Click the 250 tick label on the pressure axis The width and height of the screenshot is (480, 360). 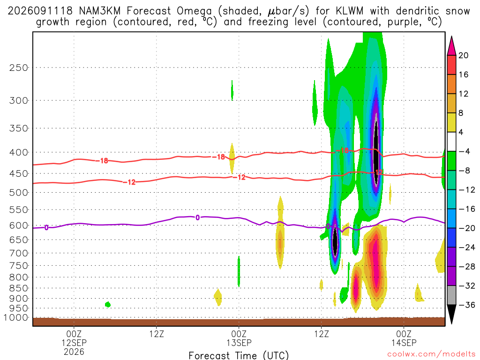[x=19, y=67]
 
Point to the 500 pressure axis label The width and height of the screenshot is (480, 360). [x=19, y=193]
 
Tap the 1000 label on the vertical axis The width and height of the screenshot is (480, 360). [x=15, y=318]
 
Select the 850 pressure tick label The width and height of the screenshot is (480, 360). [x=19, y=288]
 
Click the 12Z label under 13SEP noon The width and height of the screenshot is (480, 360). [x=322, y=334]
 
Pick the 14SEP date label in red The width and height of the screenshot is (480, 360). [x=404, y=343]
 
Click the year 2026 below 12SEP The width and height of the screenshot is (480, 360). [x=74, y=352]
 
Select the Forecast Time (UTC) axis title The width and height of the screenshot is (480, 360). [x=239, y=355]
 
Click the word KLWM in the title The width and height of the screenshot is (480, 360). [x=349, y=11]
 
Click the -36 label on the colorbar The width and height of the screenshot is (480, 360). [x=467, y=305]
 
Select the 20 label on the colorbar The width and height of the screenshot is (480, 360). [x=464, y=55]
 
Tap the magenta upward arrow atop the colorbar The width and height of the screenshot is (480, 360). [x=451, y=45]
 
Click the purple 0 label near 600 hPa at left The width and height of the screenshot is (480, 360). [x=46, y=227]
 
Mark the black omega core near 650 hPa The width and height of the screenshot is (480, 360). [x=335, y=240]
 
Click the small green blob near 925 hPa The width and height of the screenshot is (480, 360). [x=107, y=304]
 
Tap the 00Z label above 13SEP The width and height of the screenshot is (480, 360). [x=239, y=334]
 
